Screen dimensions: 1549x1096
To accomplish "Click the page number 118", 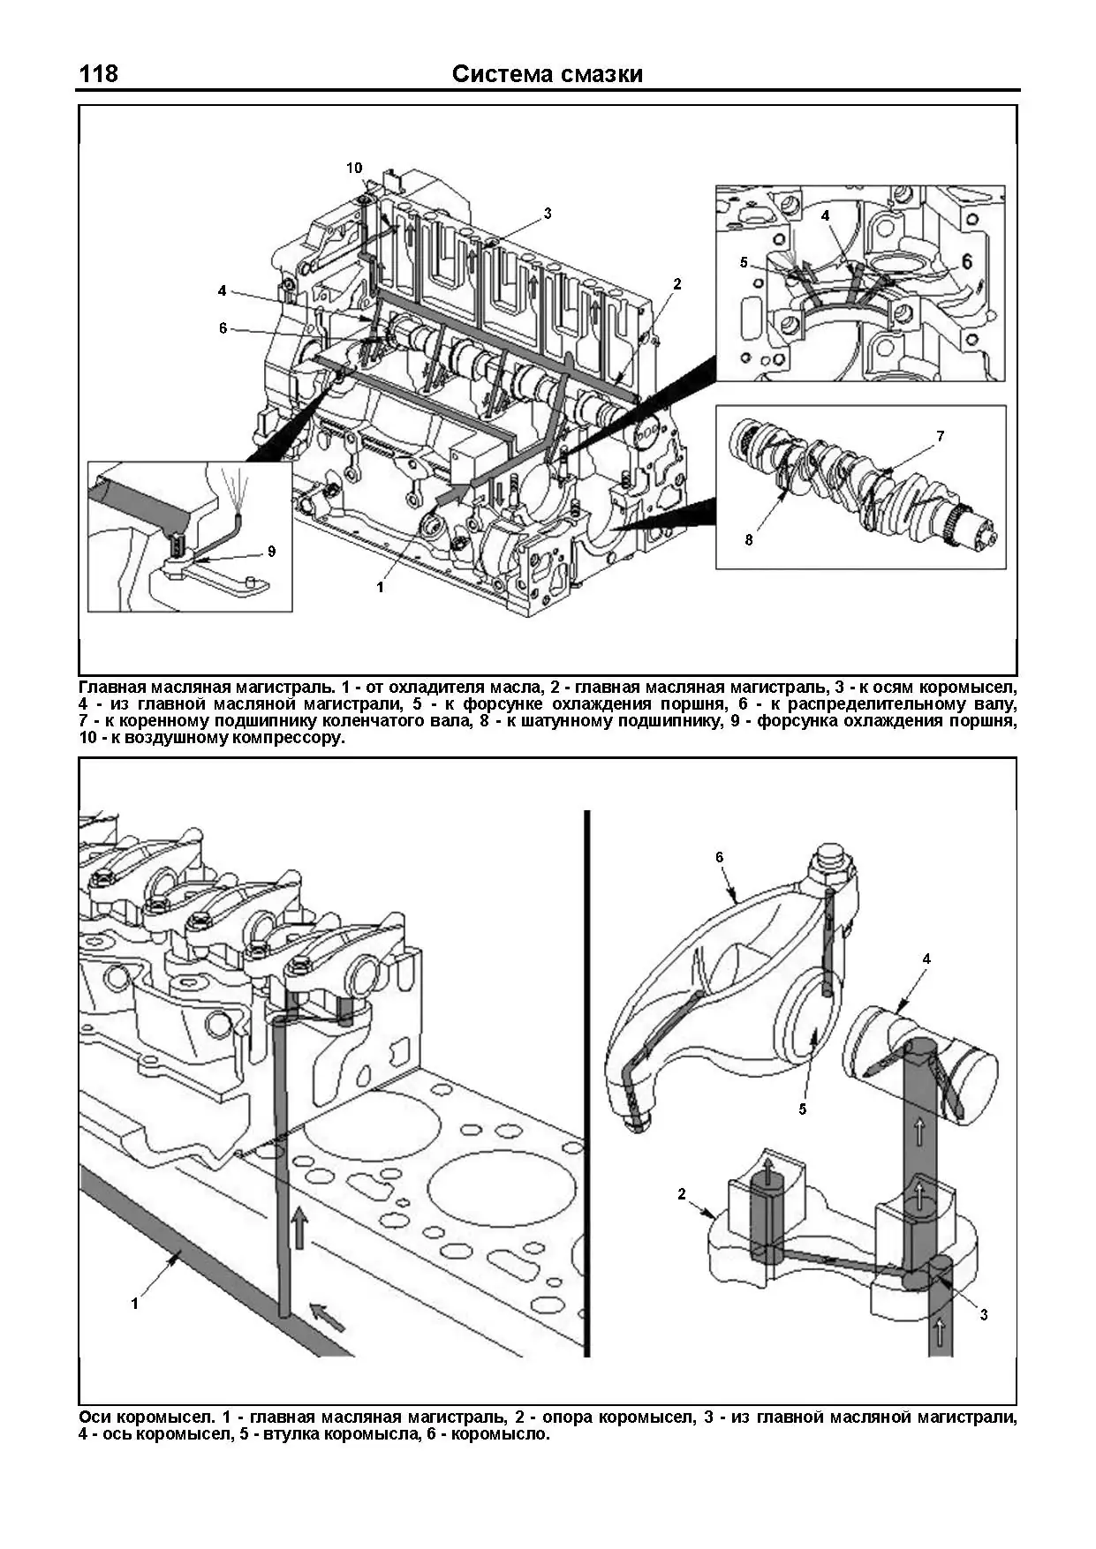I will [x=98, y=73].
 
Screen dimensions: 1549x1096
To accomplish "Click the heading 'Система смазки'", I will [x=547, y=74].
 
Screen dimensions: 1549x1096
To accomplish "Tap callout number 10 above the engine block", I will [x=354, y=168].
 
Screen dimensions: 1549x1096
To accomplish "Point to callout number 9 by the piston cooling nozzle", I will [x=271, y=552].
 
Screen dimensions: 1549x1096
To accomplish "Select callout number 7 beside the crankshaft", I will [x=941, y=436].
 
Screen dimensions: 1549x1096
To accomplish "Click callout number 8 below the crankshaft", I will [x=749, y=540].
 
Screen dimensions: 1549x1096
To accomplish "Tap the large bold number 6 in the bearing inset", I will [x=966, y=261].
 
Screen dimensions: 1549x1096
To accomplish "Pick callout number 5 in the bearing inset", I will [x=744, y=262].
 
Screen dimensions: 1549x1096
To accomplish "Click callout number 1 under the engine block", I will [x=381, y=587].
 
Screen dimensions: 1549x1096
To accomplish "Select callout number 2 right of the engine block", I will [x=677, y=284].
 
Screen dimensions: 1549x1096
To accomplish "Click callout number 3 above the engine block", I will [x=548, y=213].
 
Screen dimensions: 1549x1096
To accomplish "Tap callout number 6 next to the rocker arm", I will [x=720, y=857].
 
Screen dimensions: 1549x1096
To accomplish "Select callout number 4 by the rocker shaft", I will [x=926, y=959].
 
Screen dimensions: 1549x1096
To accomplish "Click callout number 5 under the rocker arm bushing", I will [x=803, y=1109].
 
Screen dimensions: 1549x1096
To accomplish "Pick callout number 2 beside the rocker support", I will [x=682, y=1194].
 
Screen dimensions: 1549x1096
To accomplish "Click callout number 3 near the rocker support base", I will [x=984, y=1315].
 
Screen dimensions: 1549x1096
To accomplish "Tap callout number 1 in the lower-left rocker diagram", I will [x=135, y=1303].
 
